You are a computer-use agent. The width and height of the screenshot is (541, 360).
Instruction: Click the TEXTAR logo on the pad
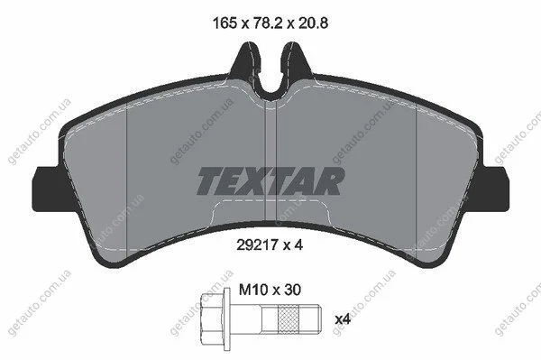pyautogui.click(x=270, y=181)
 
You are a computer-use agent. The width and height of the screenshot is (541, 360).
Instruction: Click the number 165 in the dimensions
pyautogui.click(x=225, y=23)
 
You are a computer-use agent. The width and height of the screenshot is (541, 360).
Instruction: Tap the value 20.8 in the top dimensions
pyautogui.click(x=313, y=23)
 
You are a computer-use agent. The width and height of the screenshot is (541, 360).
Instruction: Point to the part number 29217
pyautogui.click(x=257, y=245)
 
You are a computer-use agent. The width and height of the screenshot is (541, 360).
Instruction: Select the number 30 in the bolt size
pyautogui.click(x=292, y=290)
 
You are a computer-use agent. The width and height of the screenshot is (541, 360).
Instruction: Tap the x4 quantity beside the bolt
pyautogui.click(x=343, y=319)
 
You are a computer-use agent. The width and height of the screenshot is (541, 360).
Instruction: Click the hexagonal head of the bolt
pyautogui.click(x=213, y=318)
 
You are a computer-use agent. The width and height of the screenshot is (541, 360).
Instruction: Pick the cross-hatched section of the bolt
pyautogui.click(x=289, y=318)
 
